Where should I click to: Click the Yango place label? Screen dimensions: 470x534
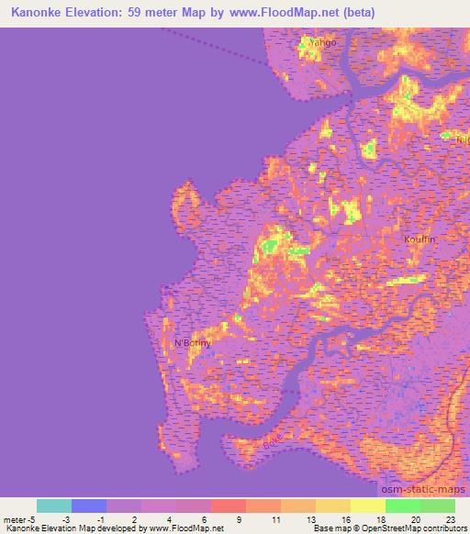[x=323, y=43]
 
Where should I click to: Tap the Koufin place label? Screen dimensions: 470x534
[x=420, y=239]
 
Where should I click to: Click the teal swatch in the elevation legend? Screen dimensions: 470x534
[x=54, y=506]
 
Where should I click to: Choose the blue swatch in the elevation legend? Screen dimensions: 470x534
[x=89, y=506]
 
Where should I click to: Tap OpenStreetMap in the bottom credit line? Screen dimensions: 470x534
[x=388, y=528]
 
